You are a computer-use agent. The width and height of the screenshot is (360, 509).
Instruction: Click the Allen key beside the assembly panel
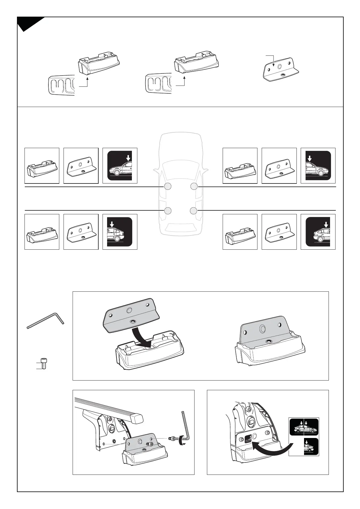click(45, 320)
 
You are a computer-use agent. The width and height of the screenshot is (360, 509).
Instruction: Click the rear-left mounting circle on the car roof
click(168, 210)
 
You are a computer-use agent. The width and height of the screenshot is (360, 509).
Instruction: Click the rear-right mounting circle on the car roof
click(194, 210)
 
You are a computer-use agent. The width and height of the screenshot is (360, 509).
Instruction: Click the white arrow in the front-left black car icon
click(128, 157)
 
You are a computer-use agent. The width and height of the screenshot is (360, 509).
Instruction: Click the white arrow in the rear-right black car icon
click(326, 224)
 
